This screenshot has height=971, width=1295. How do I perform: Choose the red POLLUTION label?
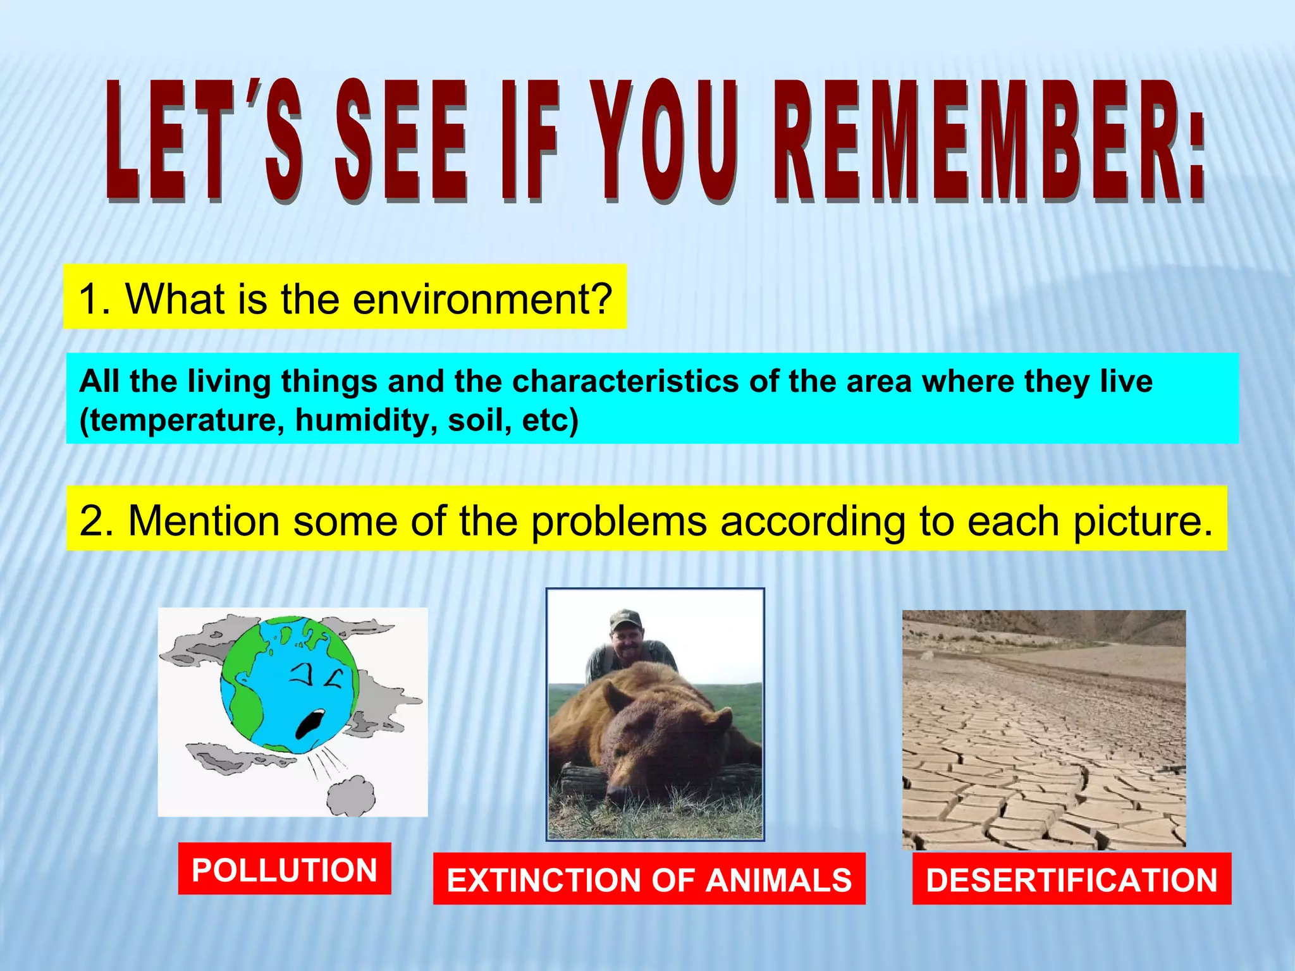point(285,869)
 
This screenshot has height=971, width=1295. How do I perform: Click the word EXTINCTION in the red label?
point(544,880)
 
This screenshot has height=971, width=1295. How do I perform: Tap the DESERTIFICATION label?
point(1072,880)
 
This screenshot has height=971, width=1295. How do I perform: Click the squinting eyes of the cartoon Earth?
point(316,678)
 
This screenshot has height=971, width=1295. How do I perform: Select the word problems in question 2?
point(618,522)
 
